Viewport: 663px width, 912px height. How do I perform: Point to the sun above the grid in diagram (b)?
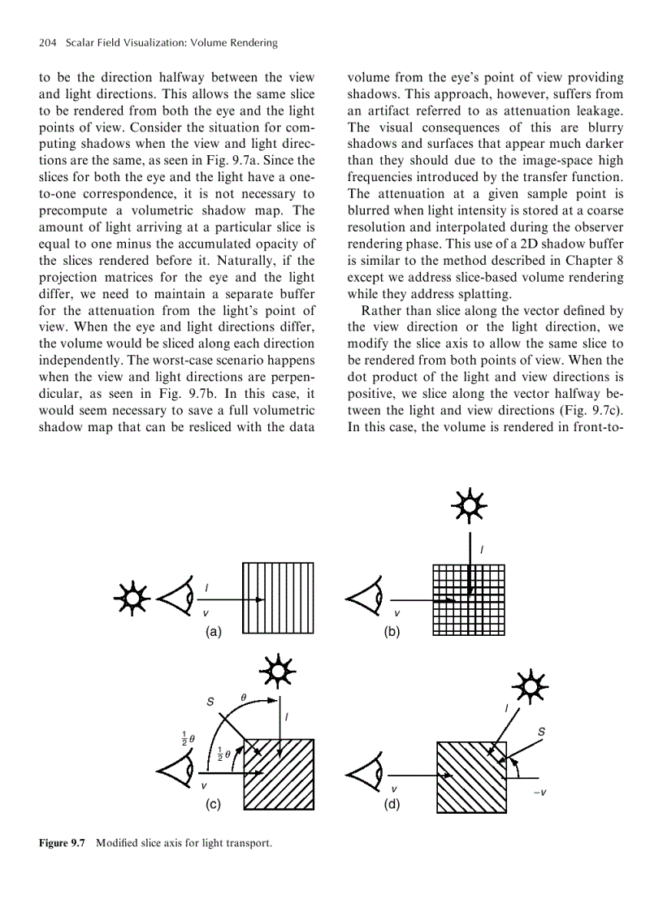coord(469,507)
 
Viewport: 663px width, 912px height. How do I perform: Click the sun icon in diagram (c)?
coord(277,673)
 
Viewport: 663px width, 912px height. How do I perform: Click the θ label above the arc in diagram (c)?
coord(242,697)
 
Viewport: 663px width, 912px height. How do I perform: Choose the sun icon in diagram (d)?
coord(531,689)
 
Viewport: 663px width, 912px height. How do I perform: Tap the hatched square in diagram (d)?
coord(472,776)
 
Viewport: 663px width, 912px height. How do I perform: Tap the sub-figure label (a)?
coord(214,631)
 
